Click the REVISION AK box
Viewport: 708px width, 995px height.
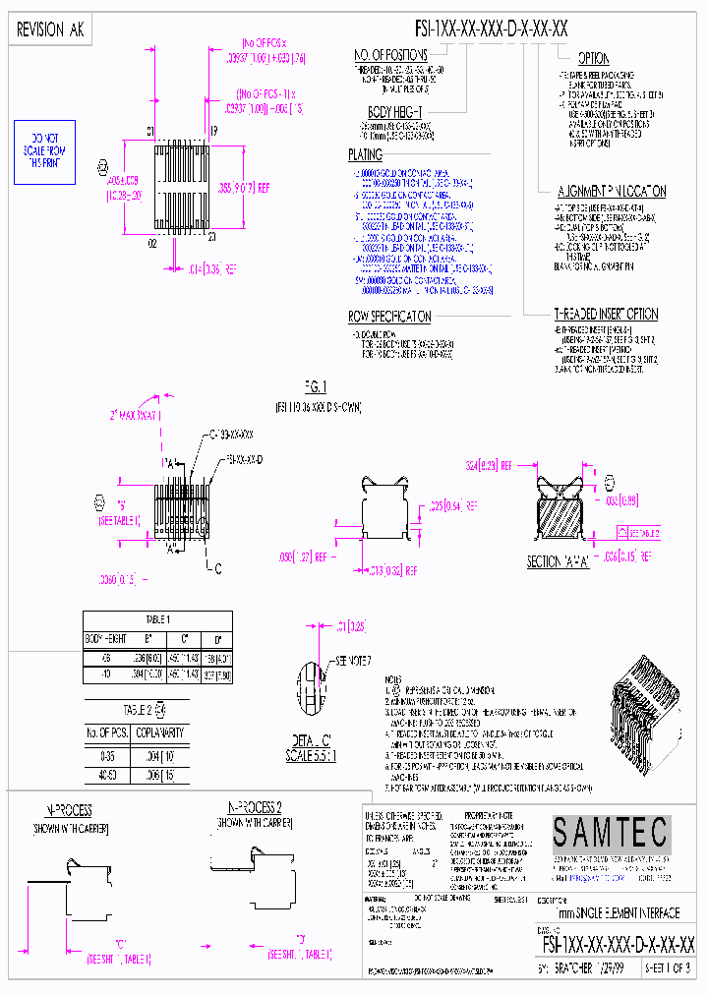tap(51, 30)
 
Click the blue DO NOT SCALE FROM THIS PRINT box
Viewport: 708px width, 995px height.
tap(44, 152)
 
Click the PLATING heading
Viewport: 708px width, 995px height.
tap(365, 155)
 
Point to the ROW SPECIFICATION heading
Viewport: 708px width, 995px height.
tap(389, 317)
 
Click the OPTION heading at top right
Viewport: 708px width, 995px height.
tap(593, 59)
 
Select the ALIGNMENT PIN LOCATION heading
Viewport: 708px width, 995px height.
tap(612, 191)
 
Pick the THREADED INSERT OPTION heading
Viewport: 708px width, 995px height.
tap(606, 314)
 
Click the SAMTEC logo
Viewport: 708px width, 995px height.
tap(610, 834)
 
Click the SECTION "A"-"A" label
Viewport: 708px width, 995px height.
tap(557, 561)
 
